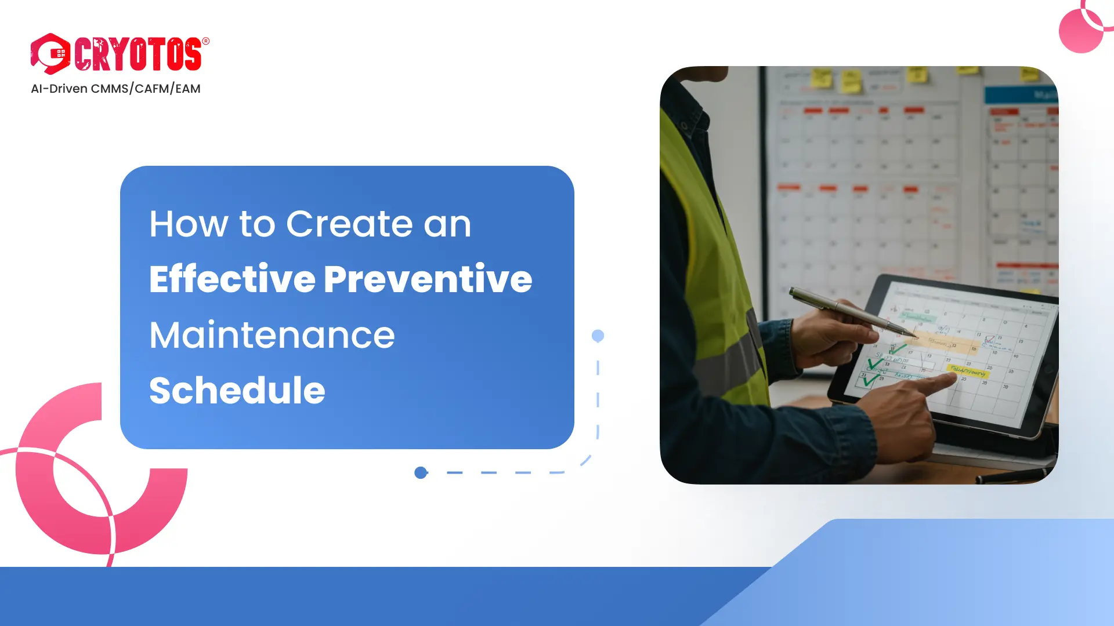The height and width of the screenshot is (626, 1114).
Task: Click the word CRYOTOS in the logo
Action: coord(138,54)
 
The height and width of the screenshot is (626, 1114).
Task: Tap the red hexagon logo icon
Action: coord(50,54)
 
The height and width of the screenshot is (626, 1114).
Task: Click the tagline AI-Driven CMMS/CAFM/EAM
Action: coord(115,89)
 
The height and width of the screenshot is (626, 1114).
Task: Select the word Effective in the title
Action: coord(232,279)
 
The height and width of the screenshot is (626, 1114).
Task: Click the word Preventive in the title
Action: coord(428,279)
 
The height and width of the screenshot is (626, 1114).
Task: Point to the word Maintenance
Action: coord(272,335)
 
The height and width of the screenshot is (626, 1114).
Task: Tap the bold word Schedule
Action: coord(237,390)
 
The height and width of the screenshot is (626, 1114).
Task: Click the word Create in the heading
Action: coord(349,224)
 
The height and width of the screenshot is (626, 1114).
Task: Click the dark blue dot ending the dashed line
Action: coord(421,473)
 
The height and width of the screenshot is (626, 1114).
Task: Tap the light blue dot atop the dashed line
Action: coord(598,336)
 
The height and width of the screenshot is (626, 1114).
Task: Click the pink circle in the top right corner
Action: coord(1080,32)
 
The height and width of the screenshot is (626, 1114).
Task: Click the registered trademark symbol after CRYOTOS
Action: coord(205,41)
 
